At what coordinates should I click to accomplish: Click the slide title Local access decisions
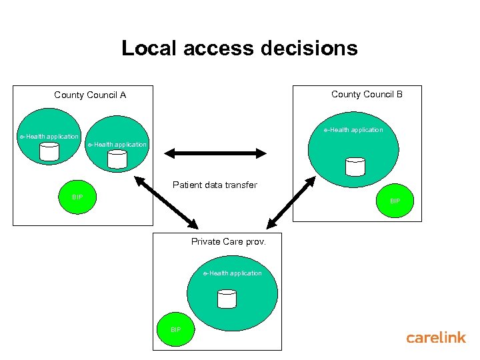(x=239, y=49)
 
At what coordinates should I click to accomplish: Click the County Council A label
(x=90, y=95)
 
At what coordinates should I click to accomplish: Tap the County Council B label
(x=367, y=95)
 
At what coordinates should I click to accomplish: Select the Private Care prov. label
(x=229, y=242)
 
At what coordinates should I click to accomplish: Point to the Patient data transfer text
(x=215, y=185)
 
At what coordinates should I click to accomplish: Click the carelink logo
(x=436, y=338)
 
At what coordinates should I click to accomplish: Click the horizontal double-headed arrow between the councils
(x=215, y=153)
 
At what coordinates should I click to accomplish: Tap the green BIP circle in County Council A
(x=77, y=197)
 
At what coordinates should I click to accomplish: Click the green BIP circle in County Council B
(x=395, y=201)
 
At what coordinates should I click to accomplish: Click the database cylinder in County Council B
(x=356, y=167)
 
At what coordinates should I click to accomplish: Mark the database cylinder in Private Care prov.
(x=227, y=299)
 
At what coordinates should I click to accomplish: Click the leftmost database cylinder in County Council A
(x=49, y=152)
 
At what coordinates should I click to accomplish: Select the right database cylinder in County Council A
(x=117, y=159)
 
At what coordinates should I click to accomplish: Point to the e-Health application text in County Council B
(x=353, y=130)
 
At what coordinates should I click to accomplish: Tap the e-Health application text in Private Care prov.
(x=233, y=273)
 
